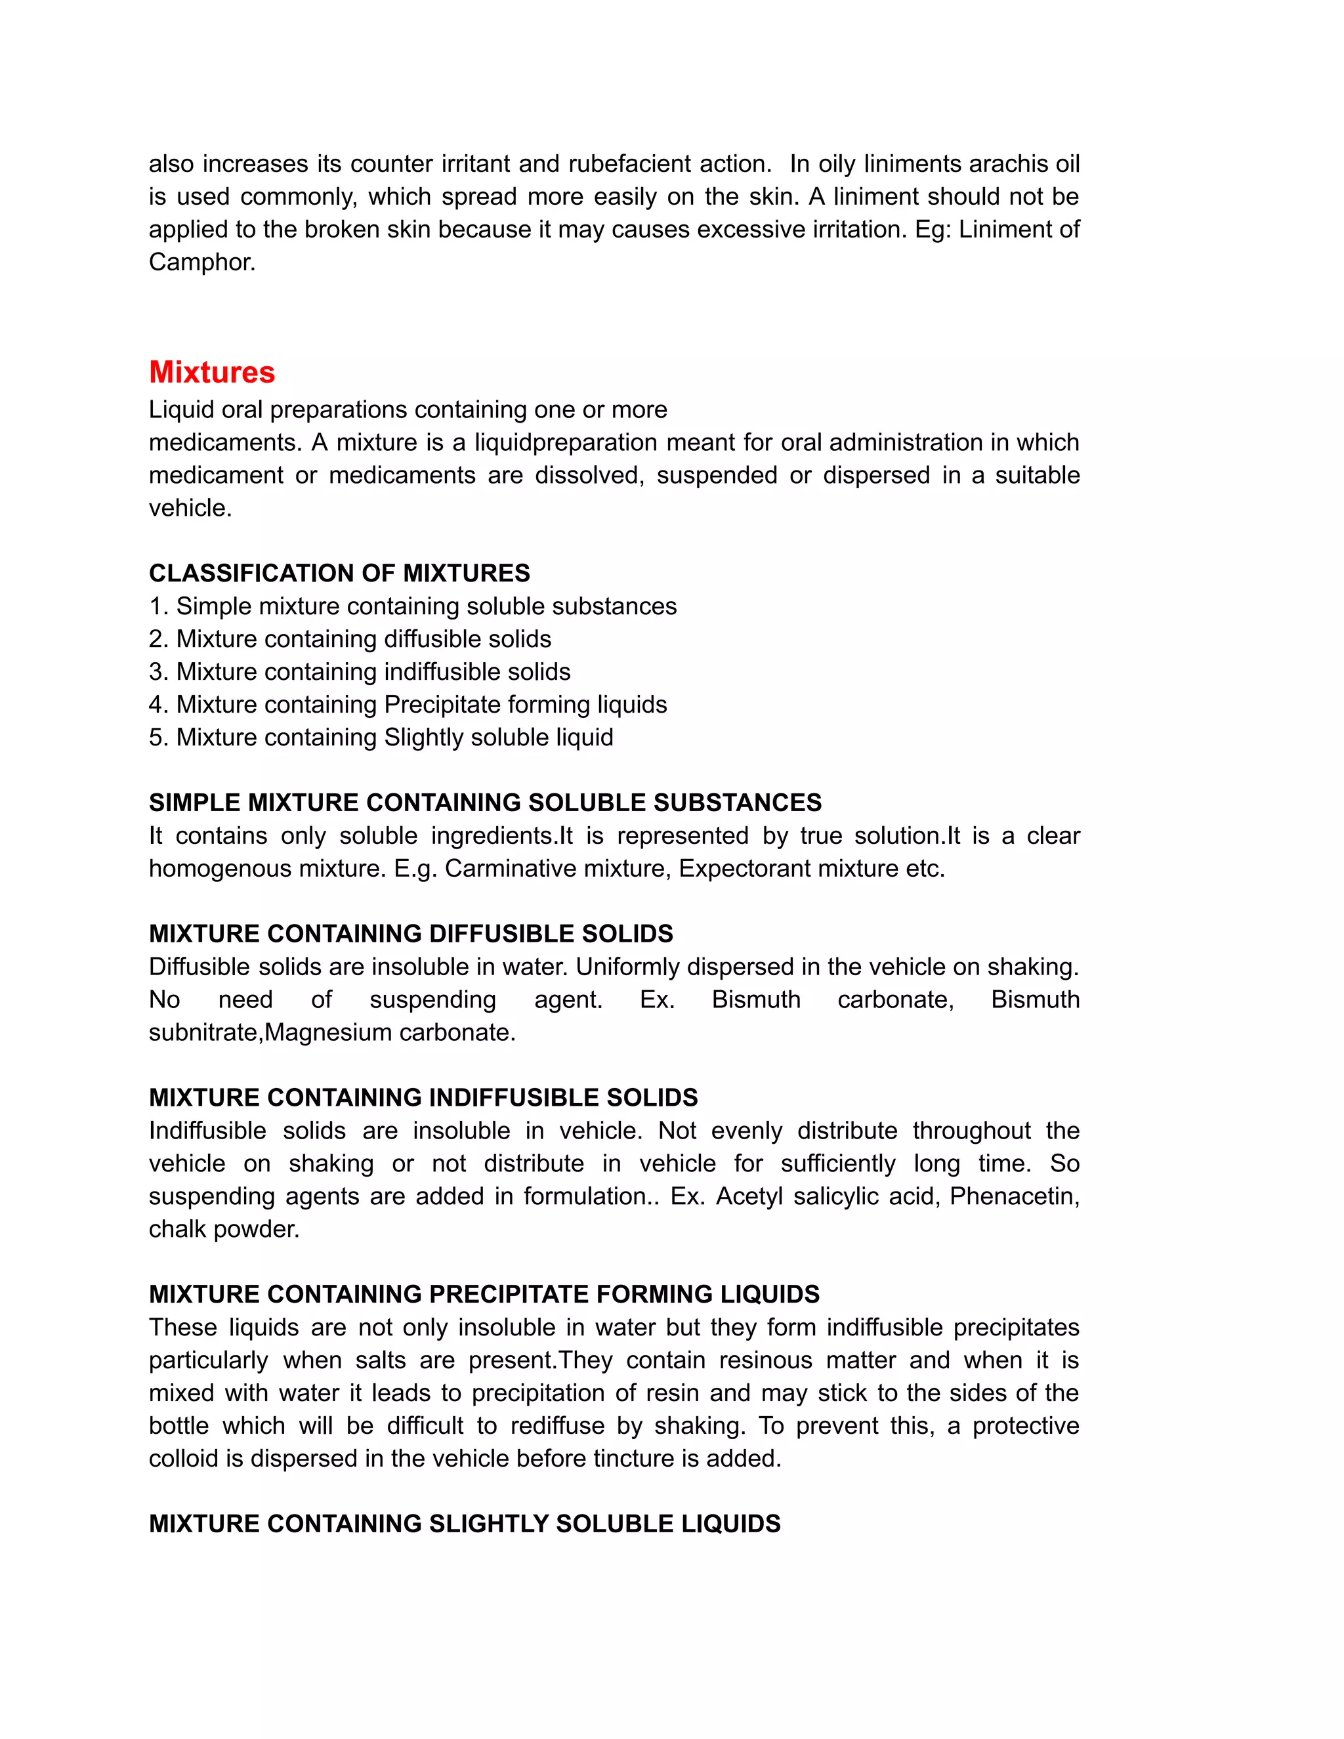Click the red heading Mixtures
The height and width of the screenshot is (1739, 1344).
click(212, 373)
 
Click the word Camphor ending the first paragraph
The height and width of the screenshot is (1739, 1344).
click(201, 262)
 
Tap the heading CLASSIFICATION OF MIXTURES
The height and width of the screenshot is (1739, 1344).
click(339, 574)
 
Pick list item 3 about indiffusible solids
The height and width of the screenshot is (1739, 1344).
click(359, 671)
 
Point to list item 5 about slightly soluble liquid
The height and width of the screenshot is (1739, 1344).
click(381, 738)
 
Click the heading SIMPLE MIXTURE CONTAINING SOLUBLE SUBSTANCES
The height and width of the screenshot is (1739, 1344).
click(485, 803)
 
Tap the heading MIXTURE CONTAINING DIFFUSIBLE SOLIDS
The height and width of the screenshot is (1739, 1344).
click(411, 934)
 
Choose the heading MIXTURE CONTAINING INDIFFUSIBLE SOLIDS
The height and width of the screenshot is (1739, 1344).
click(423, 1098)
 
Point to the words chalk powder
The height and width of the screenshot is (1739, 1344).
click(224, 1229)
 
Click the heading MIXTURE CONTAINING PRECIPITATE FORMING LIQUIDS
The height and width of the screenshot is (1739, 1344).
click(484, 1295)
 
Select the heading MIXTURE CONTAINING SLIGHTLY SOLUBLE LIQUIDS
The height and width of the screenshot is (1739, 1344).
click(464, 1524)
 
